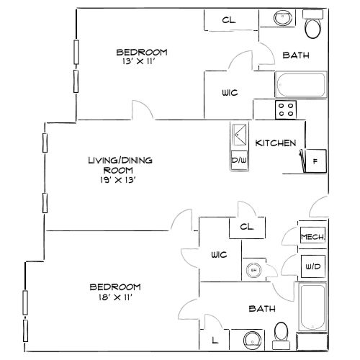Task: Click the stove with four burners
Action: click(x=286, y=109)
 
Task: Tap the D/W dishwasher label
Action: click(x=239, y=160)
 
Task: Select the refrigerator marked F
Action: click(x=315, y=161)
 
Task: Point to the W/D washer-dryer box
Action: click(x=313, y=266)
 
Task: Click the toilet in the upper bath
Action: click(x=312, y=24)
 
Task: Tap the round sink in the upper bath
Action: click(x=283, y=17)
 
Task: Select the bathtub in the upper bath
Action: click(x=301, y=84)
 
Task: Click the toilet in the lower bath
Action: click(x=281, y=336)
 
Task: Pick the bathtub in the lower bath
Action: click(x=312, y=307)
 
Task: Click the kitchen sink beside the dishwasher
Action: click(x=240, y=135)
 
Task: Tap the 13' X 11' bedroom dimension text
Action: click(x=139, y=61)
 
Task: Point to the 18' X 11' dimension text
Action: click(x=115, y=297)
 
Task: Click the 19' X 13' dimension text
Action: click(x=118, y=180)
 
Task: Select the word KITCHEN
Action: click(x=276, y=143)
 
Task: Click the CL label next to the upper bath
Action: click(x=229, y=20)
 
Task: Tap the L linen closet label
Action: click(x=215, y=340)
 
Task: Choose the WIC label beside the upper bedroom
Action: click(x=230, y=93)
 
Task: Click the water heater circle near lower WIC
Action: click(x=253, y=270)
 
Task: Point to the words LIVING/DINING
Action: click(x=120, y=160)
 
